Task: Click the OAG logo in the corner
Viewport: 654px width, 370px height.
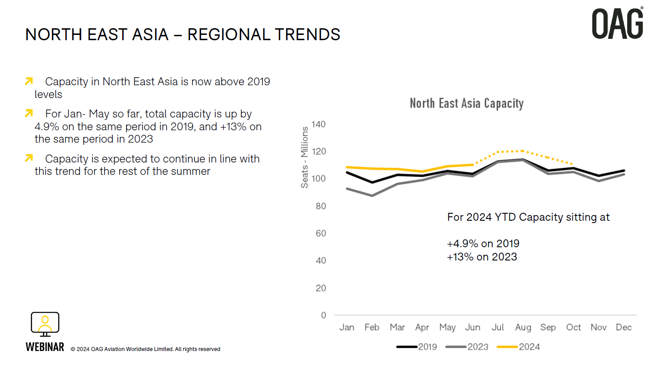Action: tap(617, 24)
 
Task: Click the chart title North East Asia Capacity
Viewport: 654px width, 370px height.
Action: tap(467, 103)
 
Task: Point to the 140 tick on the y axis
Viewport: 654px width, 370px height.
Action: tap(318, 125)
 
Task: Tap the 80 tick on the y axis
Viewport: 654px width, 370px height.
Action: tap(321, 206)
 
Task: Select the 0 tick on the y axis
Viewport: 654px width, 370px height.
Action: tap(323, 315)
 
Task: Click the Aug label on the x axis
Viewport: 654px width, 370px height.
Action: tap(523, 327)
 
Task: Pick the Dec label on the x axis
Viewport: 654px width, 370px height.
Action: tap(624, 327)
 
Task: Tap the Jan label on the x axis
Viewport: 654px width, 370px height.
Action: tap(347, 327)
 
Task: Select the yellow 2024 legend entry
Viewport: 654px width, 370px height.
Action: tap(519, 347)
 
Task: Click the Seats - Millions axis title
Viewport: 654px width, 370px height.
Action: tap(304, 157)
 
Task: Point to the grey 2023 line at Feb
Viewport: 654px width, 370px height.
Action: tap(372, 195)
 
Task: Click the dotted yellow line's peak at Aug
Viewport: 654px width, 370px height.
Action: tap(523, 151)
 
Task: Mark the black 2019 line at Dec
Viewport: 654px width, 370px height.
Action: tap(624, 170)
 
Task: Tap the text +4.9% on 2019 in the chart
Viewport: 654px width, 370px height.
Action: tap(483, 244)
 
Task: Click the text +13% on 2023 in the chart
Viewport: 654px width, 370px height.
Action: tap(482, 257)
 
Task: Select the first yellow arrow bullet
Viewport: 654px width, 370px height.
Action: tap(29, 81)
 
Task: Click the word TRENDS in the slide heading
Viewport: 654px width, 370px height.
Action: tap(307, 34)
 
